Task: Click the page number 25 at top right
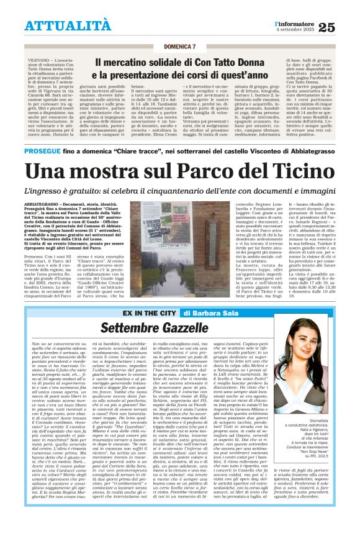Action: pos(344,26)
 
